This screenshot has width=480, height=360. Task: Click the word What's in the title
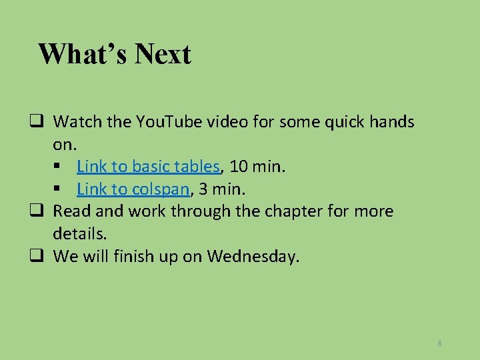83,54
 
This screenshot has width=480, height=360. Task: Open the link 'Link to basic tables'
148,166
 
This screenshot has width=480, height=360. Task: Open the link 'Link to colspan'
133,189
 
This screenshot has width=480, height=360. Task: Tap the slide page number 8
439,343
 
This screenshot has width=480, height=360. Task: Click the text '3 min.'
222,189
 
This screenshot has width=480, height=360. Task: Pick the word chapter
300,211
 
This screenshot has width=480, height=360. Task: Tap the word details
79,234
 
